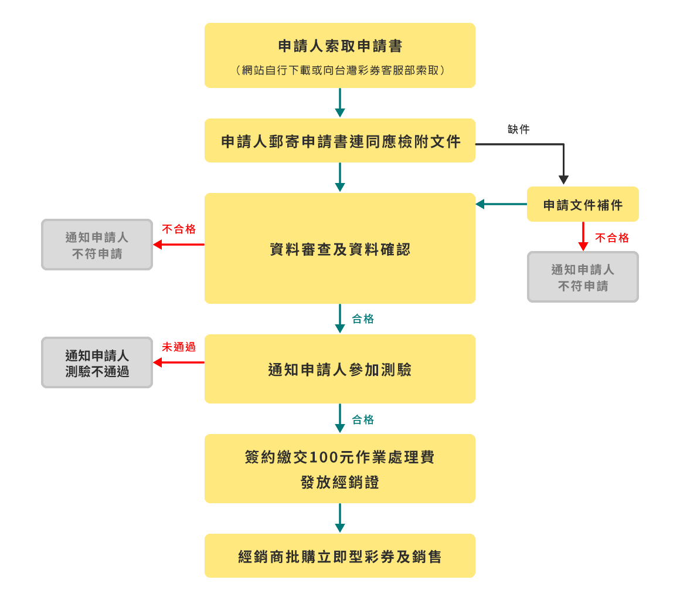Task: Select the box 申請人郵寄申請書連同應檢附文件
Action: click(339, 141)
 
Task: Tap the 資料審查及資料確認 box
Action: click(339, 249)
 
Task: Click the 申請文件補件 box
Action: click(583, 205)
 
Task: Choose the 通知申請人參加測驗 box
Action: click(339, 370)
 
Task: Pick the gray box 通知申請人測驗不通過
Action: click(97, 363)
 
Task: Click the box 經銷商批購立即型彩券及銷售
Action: click(339, 556)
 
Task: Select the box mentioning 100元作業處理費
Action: click(339, 469)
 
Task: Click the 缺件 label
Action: click(518, 129)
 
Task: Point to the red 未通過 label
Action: click(178, 347)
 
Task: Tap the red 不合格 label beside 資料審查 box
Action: click(178, 229)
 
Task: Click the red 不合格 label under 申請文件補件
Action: click(611, 238)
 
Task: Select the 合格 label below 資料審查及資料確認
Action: click(362, 319)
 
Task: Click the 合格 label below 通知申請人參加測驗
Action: click(362, 419)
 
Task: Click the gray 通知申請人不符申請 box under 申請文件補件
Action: click(583, 277)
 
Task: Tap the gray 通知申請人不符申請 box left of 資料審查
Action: click(97, 245)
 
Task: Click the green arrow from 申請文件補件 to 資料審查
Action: click(501, 204)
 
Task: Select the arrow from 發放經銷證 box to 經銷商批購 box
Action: click(339, 518)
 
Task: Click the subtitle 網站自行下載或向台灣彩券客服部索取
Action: click(339, 70)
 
